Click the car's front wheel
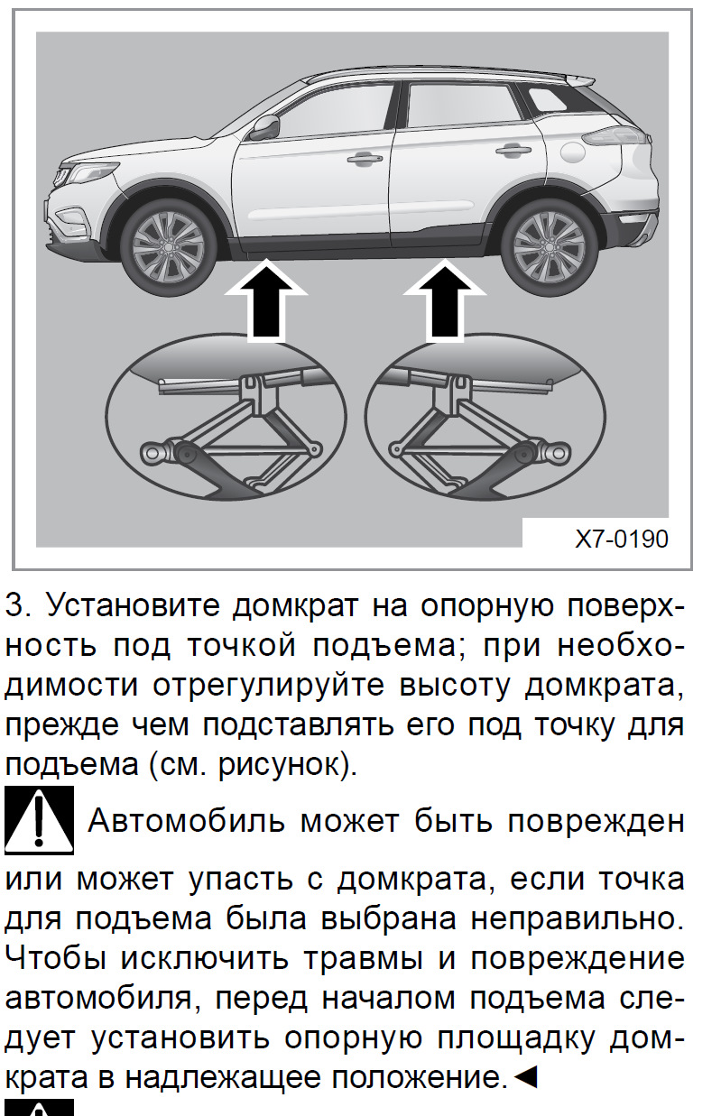pos(170,246)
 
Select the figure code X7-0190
pos(622,540)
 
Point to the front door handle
pos(365,159)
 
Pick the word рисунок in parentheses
pos(281,765)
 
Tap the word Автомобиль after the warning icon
pos(187,821)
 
